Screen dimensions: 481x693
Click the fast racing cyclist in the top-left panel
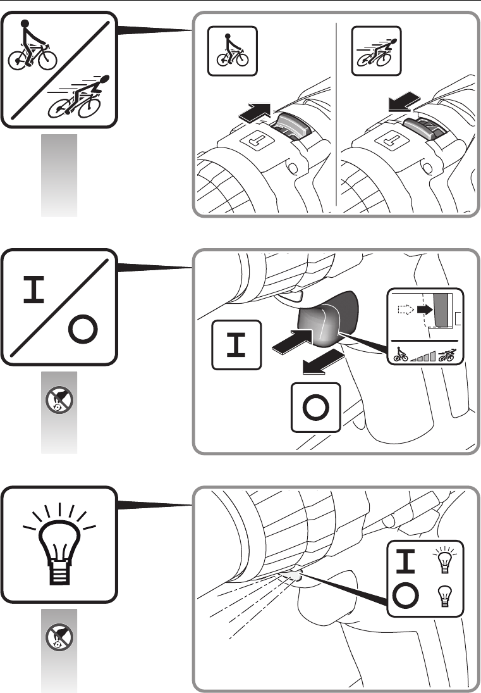coord(80,98)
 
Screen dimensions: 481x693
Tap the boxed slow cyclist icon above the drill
coord(233,50)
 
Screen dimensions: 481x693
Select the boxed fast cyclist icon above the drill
coord(377,50)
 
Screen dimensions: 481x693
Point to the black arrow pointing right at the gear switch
coord(258,114)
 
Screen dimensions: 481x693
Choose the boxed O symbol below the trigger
coord(315,408)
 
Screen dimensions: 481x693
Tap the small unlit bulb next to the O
coord(442,596)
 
